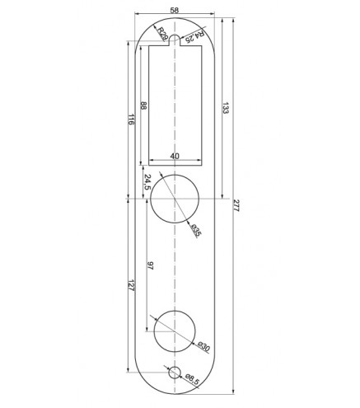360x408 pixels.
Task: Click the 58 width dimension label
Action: click(175, 10)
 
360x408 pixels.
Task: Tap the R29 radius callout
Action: click(162, 34)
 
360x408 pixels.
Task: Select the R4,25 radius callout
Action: click(195, 37)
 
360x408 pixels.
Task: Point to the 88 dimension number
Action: click(143, 106)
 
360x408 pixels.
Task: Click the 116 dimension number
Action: click(131, 120)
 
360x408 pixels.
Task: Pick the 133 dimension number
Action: click(225, 108)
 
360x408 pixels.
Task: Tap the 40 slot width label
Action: click(175, 156)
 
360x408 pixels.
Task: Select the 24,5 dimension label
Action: click(147, 182)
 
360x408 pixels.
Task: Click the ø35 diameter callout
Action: click(197, 230)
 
